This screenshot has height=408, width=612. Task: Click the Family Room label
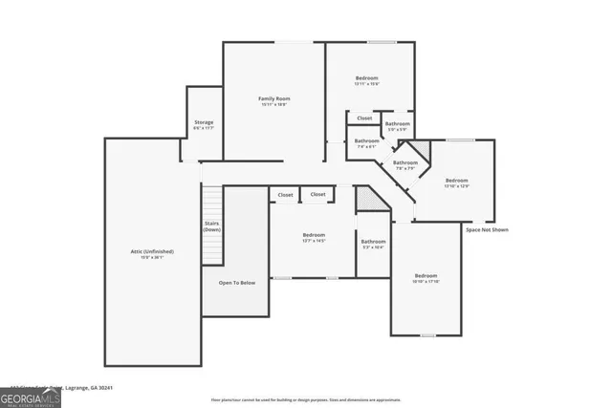[x=273, y=98]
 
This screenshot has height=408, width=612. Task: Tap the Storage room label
[x=204, y=122]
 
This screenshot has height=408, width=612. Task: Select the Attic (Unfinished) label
[x=152, y=250]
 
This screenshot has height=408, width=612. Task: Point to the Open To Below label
[x=236, y=283]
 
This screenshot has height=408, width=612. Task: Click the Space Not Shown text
[x=487, y=229]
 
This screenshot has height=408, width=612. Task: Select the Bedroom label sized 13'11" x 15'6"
[x=368, y=77]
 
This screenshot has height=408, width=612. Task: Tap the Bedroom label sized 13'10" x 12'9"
[x=456, y=180]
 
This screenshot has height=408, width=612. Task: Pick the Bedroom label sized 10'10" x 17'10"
[x=425, y=275]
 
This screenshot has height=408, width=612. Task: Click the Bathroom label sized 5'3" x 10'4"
[x=373, y=242]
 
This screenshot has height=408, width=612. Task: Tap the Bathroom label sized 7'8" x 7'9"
[x=405, y=162]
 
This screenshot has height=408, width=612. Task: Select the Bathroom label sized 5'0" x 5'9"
[x=398, y=123]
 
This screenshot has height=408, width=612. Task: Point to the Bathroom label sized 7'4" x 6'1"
[x=367, y=140]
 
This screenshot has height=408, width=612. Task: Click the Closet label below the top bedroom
[x=364, y=118]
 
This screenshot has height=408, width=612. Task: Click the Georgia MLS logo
[x=31, y=396]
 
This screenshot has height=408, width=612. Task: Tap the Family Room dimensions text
[x=273, y=105]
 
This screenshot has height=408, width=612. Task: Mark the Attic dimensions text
[x=152, y=257]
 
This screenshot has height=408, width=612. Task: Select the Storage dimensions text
[x=204, y=129]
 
